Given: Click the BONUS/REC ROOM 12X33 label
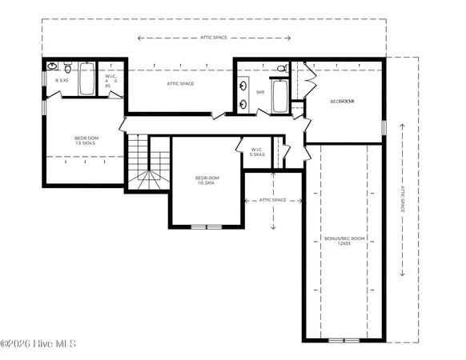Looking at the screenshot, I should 337,240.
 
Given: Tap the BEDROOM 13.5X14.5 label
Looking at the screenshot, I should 85,141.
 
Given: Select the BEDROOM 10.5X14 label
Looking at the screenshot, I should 206,181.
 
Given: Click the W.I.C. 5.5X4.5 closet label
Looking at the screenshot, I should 257,151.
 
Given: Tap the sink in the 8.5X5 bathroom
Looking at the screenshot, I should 51,66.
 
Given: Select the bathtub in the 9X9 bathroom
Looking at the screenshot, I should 279,97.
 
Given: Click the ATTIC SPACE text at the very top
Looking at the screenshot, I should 215,37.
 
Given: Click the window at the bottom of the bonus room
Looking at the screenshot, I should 344,340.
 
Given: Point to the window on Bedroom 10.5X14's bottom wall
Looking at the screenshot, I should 207,226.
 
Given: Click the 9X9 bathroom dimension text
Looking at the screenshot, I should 259,92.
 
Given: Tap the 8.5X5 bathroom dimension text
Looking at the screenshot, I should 60,81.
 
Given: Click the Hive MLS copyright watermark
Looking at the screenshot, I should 38,344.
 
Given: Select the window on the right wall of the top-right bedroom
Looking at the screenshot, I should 384,126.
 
